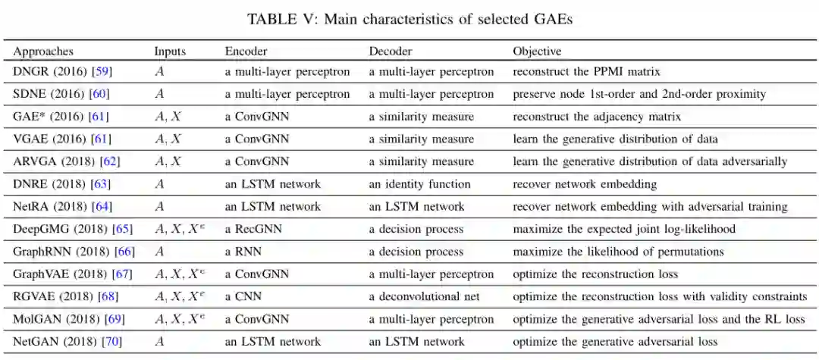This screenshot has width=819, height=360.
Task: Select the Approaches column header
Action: click(x=43, y=52)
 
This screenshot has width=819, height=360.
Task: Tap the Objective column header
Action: click(x=537, y=52)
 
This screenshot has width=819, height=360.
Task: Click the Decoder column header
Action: click(x=391, y=52)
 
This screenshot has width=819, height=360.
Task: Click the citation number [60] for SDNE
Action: click(x=99, y=94)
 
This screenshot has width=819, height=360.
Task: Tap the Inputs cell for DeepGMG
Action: click(x=180, y=229)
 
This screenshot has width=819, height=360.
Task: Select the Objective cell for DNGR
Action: click(x=586, y=72)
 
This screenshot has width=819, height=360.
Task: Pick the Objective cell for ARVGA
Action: click(x=650, y=161)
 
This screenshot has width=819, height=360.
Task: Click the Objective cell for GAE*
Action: click(x=597, y=117)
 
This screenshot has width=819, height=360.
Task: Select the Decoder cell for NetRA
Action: click(x=416, y=207)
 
